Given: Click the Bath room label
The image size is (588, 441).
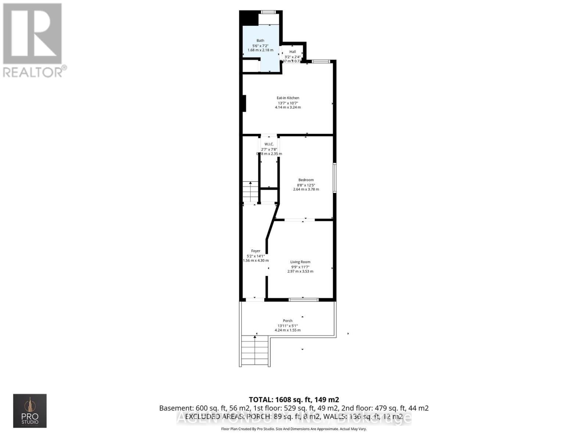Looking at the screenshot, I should coord(260,41).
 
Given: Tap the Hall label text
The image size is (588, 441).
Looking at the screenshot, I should coord(293,52).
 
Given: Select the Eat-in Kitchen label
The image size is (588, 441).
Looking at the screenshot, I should coord(288,98).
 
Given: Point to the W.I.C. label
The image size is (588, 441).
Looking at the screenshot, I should coord(269,144).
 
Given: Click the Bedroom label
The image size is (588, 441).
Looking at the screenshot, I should coord(306,180).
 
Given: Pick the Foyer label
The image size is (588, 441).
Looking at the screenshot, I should coord(256,251).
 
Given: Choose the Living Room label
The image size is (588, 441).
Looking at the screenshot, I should coord(300,262).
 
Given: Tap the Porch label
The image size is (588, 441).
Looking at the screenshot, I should coord(288,321).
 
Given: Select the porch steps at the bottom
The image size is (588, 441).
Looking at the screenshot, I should coord(255,352).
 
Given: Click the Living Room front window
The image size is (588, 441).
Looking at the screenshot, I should coord(303,300).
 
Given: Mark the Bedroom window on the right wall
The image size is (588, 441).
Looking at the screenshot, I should coord(334,178).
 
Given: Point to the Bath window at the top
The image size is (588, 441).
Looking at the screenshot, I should coord(269,12).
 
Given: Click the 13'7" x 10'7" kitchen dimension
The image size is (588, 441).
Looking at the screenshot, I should coord(288,103).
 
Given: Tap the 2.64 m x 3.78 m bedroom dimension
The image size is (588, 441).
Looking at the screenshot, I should coord(306,189).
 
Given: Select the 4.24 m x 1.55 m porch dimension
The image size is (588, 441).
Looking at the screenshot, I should coord(288,330).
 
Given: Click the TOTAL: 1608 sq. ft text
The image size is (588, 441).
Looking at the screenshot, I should coord(294,399).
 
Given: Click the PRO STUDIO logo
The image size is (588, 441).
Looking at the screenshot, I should coord(30,411).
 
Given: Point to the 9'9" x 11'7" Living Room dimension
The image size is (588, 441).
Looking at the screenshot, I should coord(300,267).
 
